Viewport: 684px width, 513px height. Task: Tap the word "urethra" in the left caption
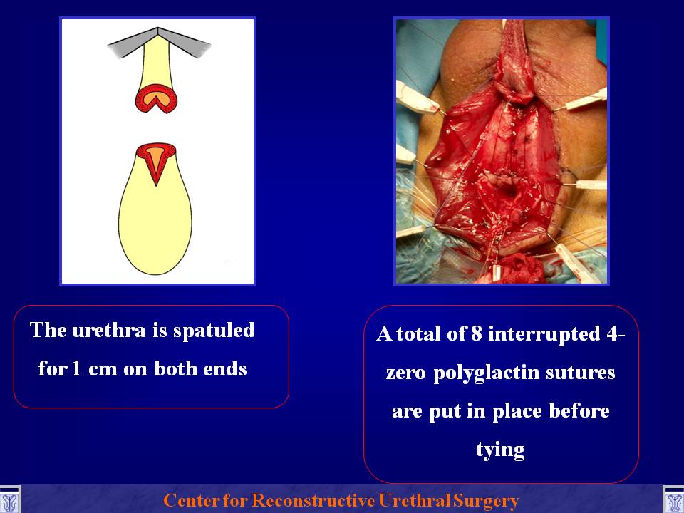pos(109,330)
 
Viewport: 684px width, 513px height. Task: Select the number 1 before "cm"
pos(76,368)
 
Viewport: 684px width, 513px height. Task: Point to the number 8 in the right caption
pos(477,333)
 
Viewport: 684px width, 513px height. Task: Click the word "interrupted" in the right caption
pos(544,335)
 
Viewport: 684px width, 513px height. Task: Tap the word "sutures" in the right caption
pos(581,373)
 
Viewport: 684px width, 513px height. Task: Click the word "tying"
pos(500,451)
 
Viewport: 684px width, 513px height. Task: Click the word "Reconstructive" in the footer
pos(313,500)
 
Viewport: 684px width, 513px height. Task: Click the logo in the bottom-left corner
pos(9,500)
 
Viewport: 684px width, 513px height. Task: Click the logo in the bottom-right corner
pos(673,500)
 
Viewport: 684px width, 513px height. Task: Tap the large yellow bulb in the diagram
pos(155,227)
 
